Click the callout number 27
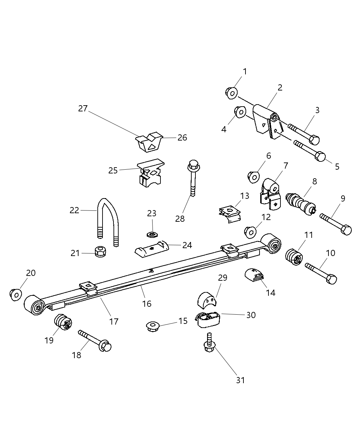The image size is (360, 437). [83, 109]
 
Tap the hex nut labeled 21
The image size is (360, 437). [100, 252]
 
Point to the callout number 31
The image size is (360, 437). [240, 380]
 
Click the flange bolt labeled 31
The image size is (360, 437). [208, 343]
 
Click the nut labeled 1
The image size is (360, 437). [231, 92]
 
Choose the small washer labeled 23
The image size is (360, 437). [151, 234]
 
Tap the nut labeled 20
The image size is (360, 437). [16, 294]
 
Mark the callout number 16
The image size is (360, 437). [147, 303]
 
